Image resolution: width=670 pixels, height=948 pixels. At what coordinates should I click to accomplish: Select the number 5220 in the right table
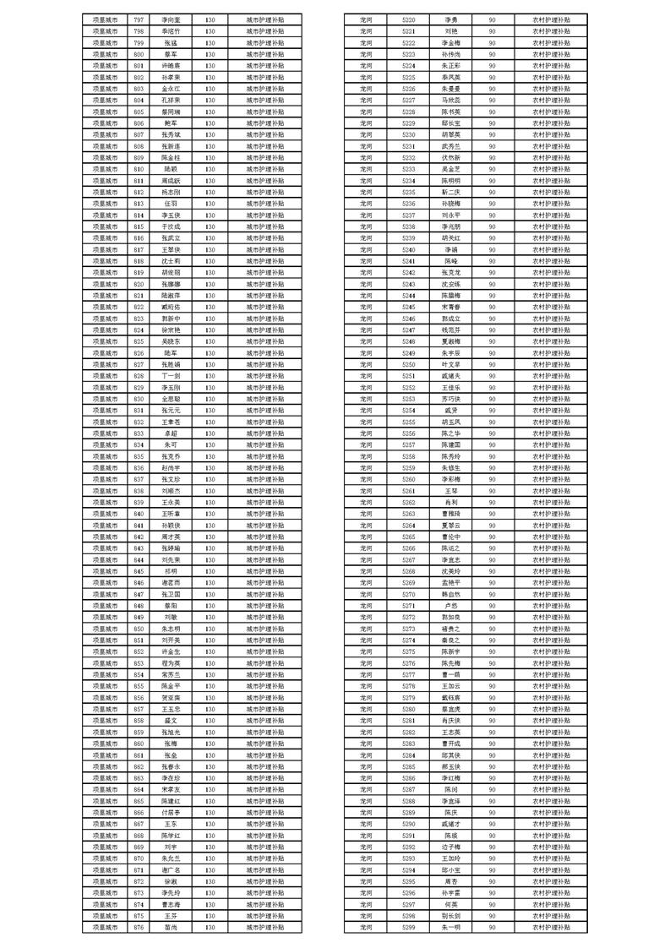coord(408,19)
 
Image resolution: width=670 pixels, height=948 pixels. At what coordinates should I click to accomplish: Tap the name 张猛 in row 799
coord(171,41)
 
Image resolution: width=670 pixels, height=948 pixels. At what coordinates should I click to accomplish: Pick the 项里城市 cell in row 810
coord(105,168)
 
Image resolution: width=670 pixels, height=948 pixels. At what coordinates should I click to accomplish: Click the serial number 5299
coord(408,927)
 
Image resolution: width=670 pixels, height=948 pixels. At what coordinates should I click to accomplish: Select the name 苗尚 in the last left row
coord(171,927)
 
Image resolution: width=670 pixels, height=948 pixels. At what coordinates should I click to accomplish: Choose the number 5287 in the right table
coord(408,788)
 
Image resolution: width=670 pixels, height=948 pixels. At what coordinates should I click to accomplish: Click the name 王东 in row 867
coord(171,823)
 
